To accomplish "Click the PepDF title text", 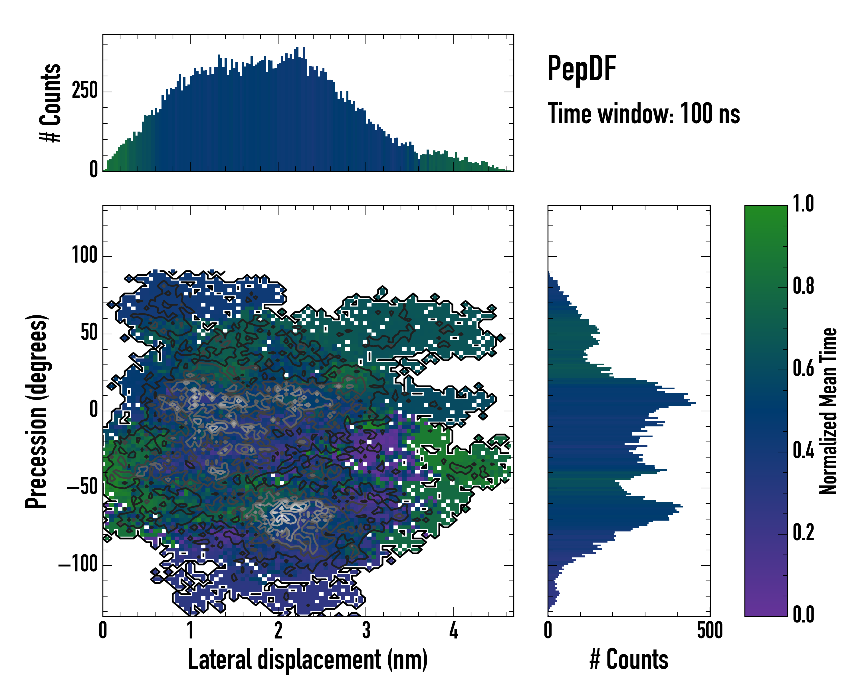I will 582,69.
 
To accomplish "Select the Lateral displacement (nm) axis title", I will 308,660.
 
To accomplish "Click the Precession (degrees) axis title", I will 37,411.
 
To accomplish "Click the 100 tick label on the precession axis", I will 84,255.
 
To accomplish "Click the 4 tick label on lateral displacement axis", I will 453,630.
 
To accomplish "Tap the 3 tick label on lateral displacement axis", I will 366,630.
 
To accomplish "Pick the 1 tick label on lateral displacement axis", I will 190,630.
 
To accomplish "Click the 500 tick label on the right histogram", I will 710,630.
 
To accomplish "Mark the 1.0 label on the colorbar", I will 803,204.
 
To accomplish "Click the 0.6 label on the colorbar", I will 803,368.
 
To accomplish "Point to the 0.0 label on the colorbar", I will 803,614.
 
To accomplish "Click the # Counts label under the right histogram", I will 629,660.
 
